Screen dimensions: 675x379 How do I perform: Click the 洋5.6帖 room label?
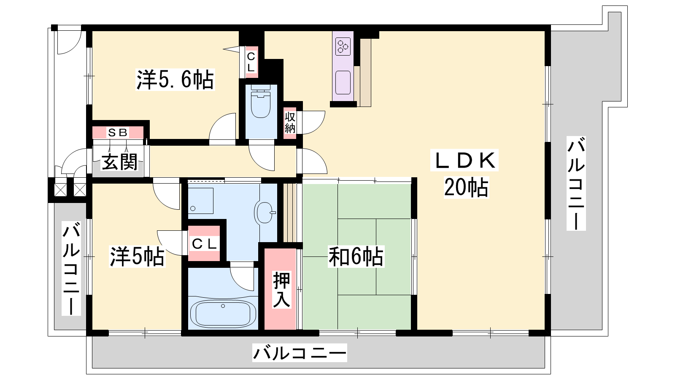175,80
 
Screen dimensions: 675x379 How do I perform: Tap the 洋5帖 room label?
137,257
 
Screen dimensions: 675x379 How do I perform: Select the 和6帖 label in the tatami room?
356,257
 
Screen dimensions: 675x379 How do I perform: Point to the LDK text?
464,160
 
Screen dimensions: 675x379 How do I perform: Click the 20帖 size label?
466,187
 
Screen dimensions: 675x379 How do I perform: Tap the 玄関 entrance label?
119,162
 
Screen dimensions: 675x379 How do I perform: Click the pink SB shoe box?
118,132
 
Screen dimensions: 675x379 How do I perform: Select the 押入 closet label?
281,289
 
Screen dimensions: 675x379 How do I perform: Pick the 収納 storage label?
290,123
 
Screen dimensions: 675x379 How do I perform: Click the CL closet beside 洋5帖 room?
204,244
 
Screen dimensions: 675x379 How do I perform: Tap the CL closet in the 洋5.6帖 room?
251,62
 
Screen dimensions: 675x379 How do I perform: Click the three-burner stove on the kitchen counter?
343,47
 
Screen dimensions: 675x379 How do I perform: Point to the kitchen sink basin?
343,83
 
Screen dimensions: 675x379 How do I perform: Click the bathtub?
223,314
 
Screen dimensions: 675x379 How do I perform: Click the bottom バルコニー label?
300,353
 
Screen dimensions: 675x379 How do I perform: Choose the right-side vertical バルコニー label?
576,183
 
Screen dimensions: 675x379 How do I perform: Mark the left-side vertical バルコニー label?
71,268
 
